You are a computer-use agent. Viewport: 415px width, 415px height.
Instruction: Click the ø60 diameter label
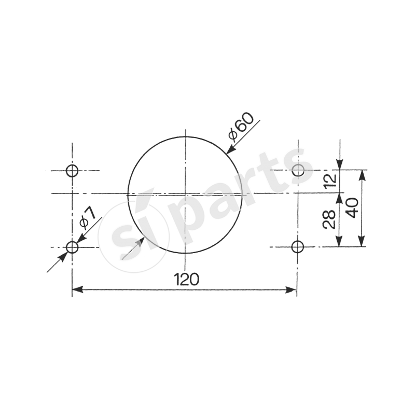point(241,126)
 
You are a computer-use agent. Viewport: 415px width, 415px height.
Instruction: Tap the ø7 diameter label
point(88,218)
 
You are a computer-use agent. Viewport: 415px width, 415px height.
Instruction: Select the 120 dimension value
point(186,279)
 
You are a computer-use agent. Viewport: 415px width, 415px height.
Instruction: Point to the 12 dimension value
point(330,181)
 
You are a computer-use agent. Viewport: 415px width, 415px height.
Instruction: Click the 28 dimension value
point(329,219)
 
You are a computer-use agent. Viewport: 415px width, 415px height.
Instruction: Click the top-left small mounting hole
point(72,171)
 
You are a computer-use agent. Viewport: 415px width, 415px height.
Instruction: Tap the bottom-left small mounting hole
point(72,247)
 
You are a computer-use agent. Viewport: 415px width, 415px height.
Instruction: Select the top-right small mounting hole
point(298,170)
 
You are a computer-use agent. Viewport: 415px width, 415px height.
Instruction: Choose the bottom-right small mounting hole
point(297,247)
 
